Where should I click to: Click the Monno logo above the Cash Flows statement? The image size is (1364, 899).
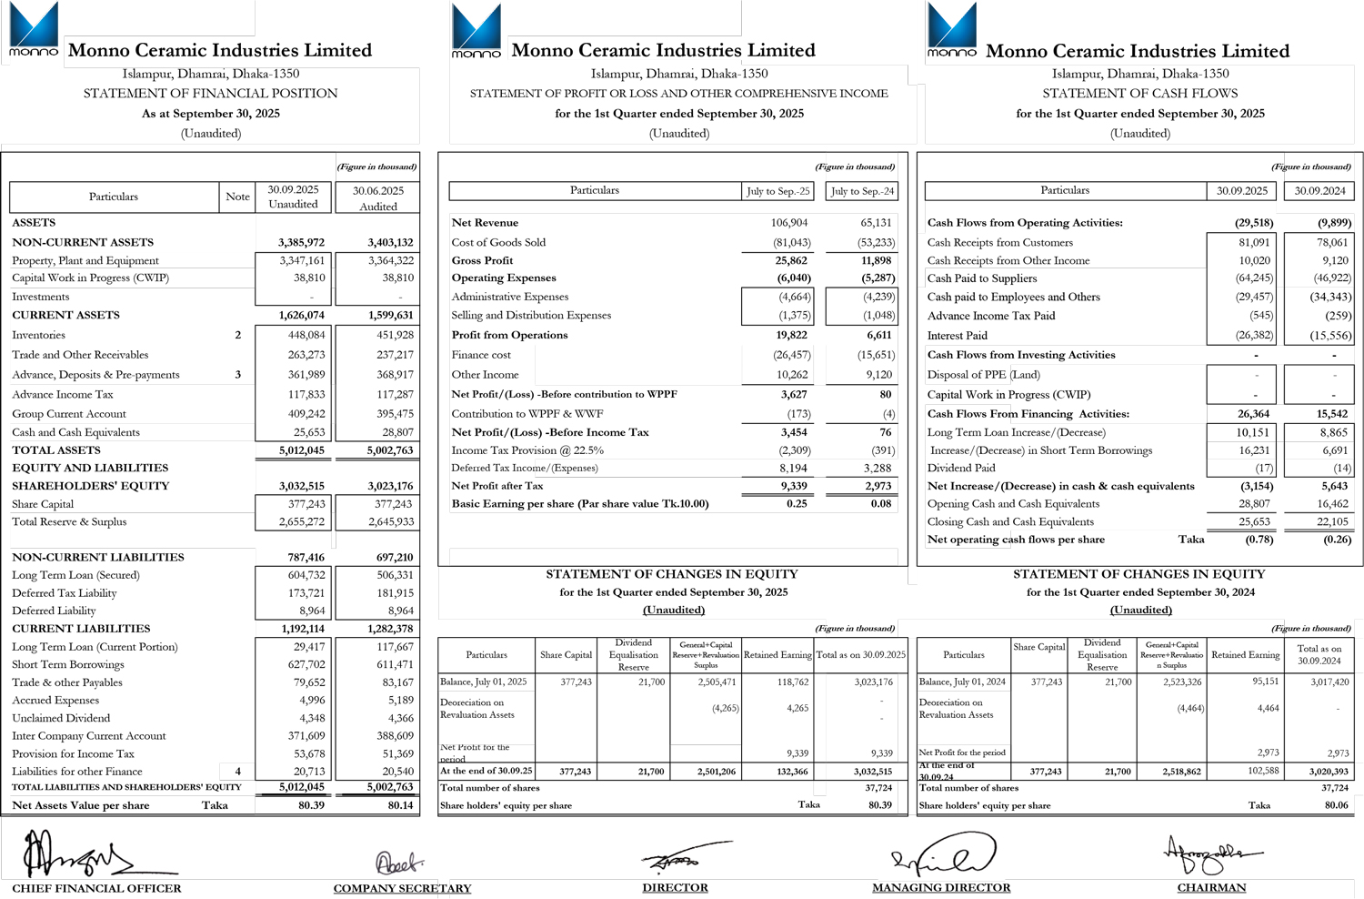pyautogui.click(x=951, y=30)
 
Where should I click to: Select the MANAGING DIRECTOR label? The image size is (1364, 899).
pyautogui.click(x=941, y=888)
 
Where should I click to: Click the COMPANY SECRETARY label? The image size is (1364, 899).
pyautogui.click(x=402, y=889)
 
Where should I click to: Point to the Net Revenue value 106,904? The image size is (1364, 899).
pyautogui.click(x=788, y=223)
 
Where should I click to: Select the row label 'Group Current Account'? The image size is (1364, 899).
pyautogui.click(x=68, y=414)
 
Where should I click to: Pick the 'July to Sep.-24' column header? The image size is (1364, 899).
pyautogui.click(x=862, y=191)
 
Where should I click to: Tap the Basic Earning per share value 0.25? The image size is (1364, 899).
pyautogui.click(x=797, y=504)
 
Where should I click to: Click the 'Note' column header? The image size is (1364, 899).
pyautogui.click(x=237, y=197)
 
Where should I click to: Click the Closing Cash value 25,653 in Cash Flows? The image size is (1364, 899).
pyautogui.click(x=1254, y=522)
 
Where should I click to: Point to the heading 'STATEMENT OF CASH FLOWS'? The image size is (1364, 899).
pyautogui.click(x=1139, y=94)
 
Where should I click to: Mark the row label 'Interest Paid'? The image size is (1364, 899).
pyautogui.click(x=957, y=336)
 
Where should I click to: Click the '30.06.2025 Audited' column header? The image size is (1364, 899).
pyautogui.click(x=377, y=197)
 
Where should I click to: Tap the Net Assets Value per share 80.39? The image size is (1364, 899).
pyautogui.click(x=311, y=805)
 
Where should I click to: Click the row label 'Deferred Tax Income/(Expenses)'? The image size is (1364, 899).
pyautogui.click(x=525, y=469)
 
